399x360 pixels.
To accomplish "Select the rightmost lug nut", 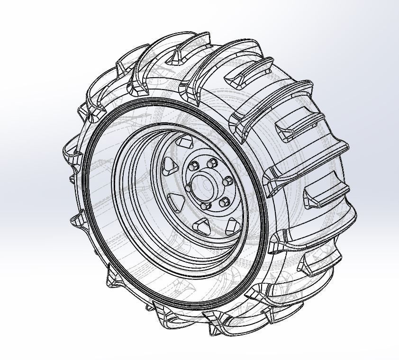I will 228,181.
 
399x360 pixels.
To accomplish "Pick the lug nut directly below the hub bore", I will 206,206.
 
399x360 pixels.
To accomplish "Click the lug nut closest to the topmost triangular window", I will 194,166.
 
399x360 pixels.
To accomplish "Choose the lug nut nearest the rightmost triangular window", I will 225,202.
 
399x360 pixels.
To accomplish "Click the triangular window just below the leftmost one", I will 176,202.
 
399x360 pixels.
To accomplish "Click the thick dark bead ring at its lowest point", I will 190,303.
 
